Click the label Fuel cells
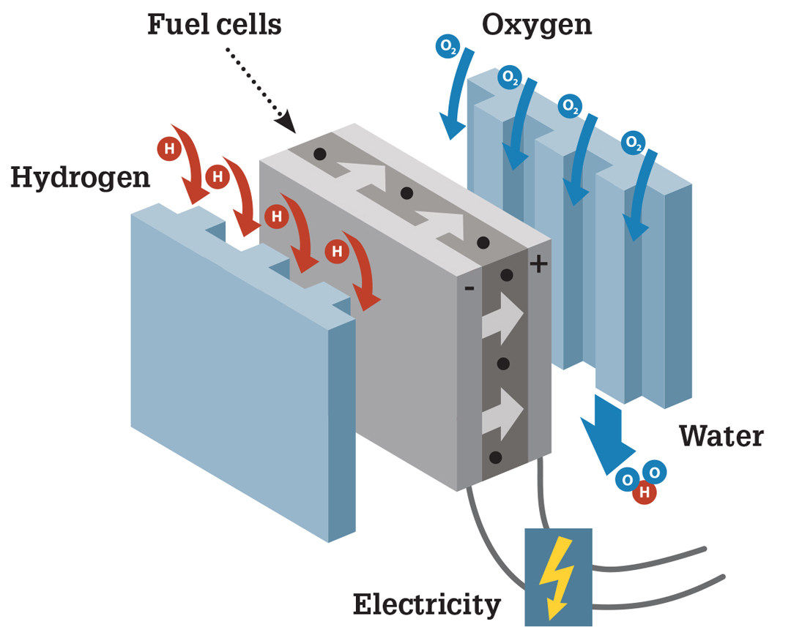pyautogui.click(x=214, y=24)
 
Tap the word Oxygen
pyautogui.click(x=537, y=24)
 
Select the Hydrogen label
pyautogui.click(x=80, y=177)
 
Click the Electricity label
pyautogui.click(x=427, y=604)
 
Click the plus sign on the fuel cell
pyautogui.click(x=538, y=263)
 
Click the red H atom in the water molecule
pyautogui.click(x=645, y=492)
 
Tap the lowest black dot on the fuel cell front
pyautogui.click(x=496, y=458)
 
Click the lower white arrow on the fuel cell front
pyautogui.click(x=502, y=410)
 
